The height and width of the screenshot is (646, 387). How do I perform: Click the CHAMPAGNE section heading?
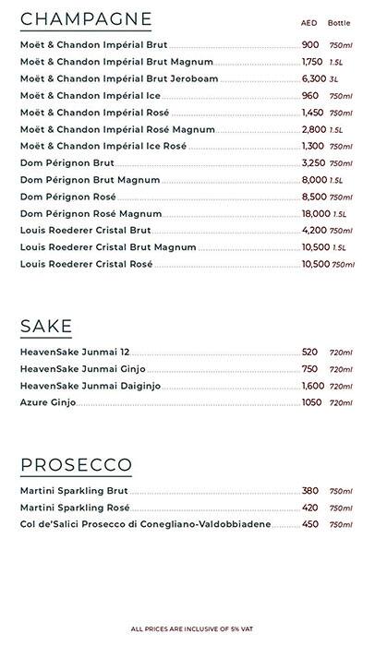tap(86, 18)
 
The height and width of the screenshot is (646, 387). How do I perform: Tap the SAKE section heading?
tap(46, 326)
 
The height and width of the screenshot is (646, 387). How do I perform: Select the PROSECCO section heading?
tap(76, 464)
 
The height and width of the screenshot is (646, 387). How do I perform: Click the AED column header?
tap(308, 22)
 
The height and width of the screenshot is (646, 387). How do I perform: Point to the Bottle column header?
tap(339, 22)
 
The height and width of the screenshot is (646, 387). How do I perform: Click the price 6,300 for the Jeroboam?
tap(314, 79)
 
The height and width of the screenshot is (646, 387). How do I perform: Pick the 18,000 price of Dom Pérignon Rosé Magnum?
tap(315, 214)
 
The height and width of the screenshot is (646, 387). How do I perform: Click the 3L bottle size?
tap(334, 79)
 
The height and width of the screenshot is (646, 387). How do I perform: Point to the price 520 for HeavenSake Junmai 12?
tap(309, 353)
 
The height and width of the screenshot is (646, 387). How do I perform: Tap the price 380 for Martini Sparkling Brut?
tap(309, 491)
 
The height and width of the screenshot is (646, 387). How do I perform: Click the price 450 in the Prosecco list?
tap(309, 524)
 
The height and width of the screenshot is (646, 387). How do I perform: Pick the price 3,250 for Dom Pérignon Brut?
tap(314, 163)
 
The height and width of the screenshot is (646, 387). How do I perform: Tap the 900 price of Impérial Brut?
tap(309, 45)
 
